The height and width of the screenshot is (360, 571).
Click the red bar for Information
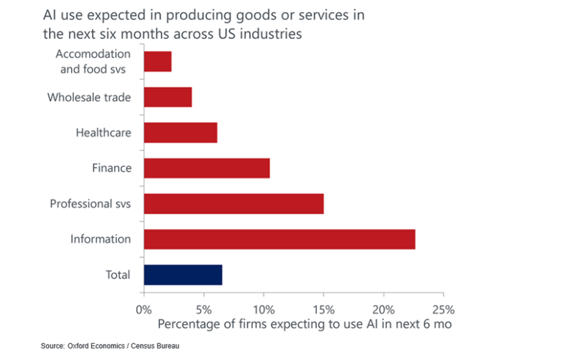tap(279, 239)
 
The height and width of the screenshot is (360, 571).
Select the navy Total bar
tap(183, 275)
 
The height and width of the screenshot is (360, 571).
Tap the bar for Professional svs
tap(233, 204)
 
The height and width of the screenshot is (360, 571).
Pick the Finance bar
tap(207, 168)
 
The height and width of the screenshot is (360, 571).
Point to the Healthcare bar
tap(180, 133)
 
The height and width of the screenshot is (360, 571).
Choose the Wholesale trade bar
tap(168, 97)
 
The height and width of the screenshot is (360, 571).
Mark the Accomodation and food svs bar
tap(158, 62)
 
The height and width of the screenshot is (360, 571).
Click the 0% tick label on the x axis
tap(144, 310)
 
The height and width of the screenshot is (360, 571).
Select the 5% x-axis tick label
tap(203, 310)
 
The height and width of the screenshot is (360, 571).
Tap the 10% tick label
tap(264, 310)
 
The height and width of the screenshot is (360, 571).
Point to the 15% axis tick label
tap(323, 310)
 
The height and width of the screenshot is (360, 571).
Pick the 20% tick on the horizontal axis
tap(383, 310)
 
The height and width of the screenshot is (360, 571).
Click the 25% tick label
tap(444, 310)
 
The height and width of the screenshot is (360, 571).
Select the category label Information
tap(101, 239)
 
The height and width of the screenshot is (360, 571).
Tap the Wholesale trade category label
tap(89, 97)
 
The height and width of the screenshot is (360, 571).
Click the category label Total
tap(117, 275)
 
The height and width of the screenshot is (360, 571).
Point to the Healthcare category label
tap(103, 133)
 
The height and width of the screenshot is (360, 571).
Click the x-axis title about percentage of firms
tap(305, 324)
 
